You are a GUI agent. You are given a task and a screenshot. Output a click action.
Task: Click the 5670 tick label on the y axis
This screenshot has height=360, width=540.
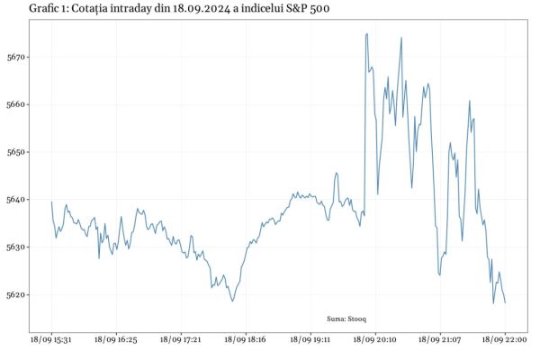pos(17,57)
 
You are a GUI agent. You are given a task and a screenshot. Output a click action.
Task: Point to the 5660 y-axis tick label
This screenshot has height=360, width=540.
pos(17,104)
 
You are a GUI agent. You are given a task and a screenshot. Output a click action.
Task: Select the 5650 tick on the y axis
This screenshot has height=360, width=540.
pos(17,152)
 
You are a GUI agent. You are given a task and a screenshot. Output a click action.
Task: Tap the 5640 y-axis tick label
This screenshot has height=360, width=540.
pos(17,199)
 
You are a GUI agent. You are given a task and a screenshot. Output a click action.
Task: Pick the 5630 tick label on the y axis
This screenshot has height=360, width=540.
pos(17,247)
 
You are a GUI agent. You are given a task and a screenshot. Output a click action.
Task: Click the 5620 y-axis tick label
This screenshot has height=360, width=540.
pos(17,294)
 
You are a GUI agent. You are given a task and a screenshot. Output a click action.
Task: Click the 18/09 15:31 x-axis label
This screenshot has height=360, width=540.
pos(51,341)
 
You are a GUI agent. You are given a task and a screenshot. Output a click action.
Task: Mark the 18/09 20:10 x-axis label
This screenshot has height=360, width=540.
pos(374,341)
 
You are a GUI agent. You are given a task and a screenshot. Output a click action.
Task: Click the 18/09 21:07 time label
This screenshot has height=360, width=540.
pos(440,341)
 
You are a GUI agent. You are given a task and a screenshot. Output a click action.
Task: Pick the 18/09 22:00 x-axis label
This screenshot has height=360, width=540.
pos(505,341)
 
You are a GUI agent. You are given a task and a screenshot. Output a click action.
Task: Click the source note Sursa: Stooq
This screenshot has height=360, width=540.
pos(346,319)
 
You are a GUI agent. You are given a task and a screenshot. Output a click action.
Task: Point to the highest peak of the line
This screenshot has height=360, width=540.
pos(366,34)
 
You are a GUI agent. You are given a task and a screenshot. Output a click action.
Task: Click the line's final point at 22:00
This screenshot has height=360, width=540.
pos(505,303)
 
